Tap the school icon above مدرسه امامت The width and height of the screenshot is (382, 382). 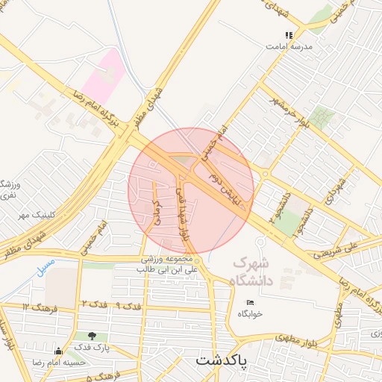[x=289, y=34]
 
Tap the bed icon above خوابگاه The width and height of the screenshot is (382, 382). [x=250, y=302]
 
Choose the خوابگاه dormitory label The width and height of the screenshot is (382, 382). [x=251, y=314]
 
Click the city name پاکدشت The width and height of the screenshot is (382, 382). [x=222, y=360]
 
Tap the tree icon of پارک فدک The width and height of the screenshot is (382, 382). [x=92, y=336]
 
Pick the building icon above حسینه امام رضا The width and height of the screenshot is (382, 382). [x=57, y=351]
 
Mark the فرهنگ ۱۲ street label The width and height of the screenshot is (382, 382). [x=37, y=307]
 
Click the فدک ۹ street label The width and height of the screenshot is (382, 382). [x=130, y=306]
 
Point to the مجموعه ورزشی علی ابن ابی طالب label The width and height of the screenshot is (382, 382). [x=170, y=263]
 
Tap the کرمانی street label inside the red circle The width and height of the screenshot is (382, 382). [x=157, y=213]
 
